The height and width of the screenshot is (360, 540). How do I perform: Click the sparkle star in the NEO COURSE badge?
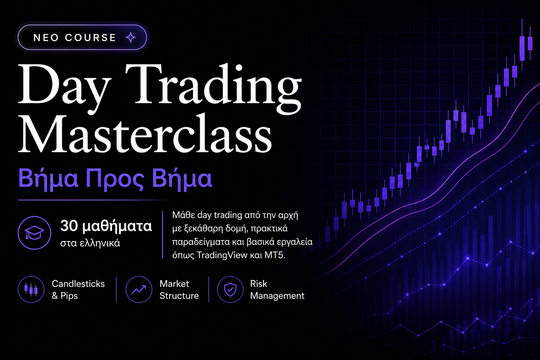[x=131, y=37]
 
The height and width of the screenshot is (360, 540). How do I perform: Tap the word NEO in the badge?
[x=46, y=38]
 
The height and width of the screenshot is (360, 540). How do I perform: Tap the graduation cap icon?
[x=34, y=233]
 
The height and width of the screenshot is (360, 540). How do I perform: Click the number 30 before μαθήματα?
[x=69, y=226]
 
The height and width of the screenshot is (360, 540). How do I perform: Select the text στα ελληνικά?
[x=90, y=243]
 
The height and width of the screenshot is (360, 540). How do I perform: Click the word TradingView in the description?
[x=222, y=255]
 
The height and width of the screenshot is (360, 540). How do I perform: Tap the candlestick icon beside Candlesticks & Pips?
[x=31, y=289]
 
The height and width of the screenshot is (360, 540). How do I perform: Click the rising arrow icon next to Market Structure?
[x=139, y=289]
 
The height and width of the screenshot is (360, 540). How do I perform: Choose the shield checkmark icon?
[x=230, y=289]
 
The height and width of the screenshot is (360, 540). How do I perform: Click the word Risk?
[x=259, y=284]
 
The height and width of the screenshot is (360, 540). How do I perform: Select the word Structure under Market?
[x=179, y=296]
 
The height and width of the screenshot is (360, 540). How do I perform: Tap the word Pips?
[x=69, y=296]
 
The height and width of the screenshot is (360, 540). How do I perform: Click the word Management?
[x=277, y=296]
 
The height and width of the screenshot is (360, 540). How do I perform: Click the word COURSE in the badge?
[x=90, y=38]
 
